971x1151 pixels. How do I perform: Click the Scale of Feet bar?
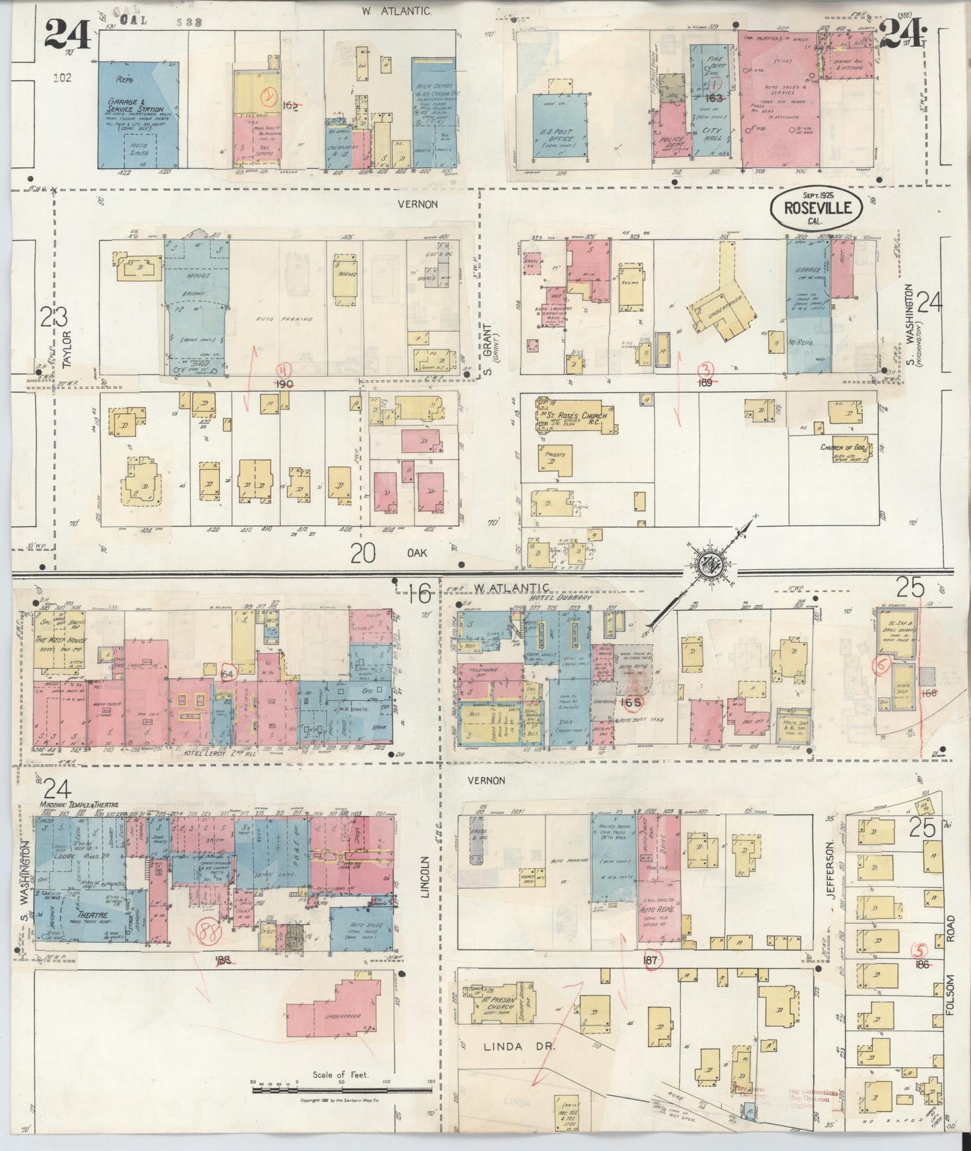coord(343,1086)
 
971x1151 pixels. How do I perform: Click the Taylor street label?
coord(67,351)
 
